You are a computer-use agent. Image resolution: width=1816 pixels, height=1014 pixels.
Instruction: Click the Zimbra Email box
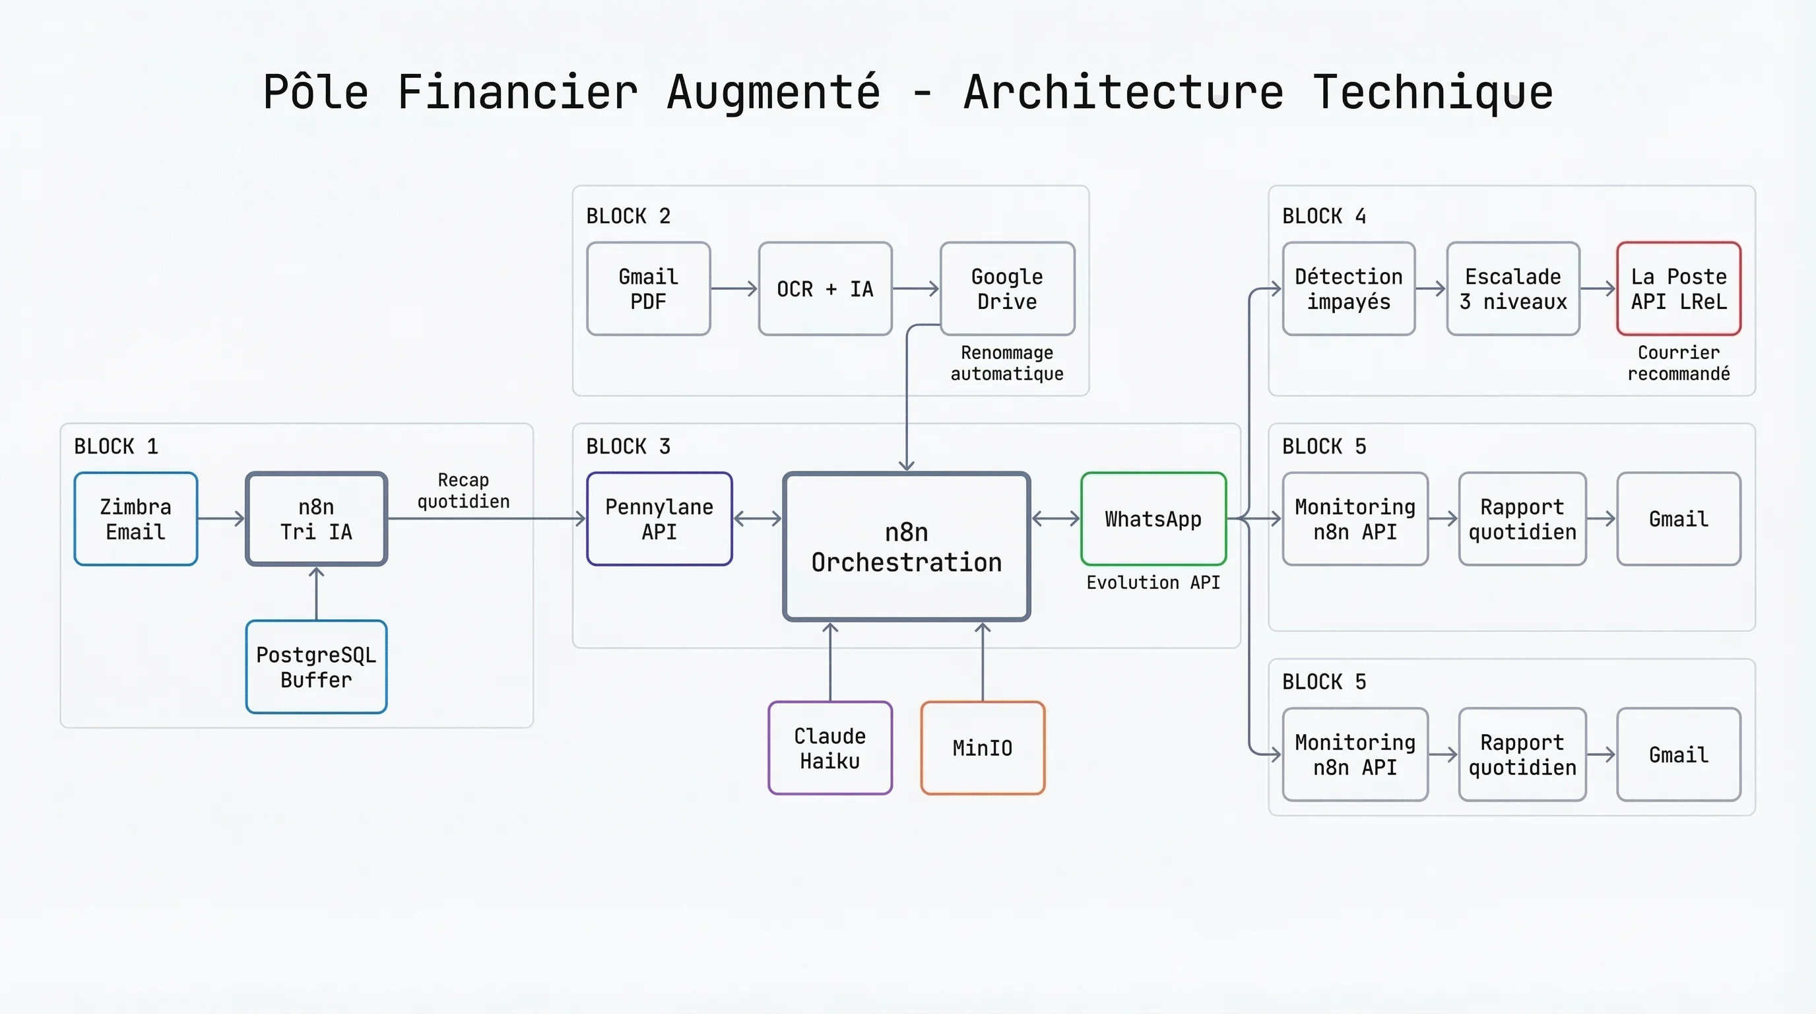pos(135,519)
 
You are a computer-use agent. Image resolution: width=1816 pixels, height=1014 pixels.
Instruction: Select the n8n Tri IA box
pos(316,519)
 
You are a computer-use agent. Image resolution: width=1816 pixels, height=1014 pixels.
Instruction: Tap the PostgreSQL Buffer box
pos(316,667)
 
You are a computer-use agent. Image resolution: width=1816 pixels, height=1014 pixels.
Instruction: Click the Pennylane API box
pos(659,519)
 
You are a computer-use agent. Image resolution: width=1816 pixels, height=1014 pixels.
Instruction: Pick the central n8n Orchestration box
pos(906,547)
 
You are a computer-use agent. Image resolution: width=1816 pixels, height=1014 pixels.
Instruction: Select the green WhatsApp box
pos(1153,519)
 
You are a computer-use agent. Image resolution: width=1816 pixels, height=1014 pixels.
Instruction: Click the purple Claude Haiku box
pos(829,748)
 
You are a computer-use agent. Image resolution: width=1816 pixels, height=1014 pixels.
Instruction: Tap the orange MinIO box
pos(982,748)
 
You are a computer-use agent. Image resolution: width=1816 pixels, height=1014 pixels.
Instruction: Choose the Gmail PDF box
pos(648,289)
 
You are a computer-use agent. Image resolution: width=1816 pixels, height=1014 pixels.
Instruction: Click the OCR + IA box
pos(825,289)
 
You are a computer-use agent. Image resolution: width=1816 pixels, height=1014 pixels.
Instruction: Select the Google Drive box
pos(1007,289)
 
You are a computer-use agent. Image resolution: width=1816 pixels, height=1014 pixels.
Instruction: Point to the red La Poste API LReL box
pos(1679,289)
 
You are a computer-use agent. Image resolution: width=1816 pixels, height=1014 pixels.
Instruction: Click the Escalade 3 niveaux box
pos(1513,289)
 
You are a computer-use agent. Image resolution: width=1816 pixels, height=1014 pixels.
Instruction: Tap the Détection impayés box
pos(1349,289)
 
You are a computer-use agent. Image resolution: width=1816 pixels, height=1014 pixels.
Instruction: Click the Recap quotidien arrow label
pos(463,490)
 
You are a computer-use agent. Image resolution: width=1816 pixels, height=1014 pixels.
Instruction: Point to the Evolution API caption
pos(1153,582)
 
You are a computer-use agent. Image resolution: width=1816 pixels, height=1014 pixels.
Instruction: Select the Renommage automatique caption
pos(1007,363)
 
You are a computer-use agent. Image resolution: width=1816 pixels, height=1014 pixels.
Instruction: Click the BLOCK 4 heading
pos(1323,216)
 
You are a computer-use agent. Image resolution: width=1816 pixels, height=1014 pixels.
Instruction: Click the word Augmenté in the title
pos(773,92)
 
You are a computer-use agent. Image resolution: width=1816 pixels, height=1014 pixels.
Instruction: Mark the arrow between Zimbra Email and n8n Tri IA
pos(221,519)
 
